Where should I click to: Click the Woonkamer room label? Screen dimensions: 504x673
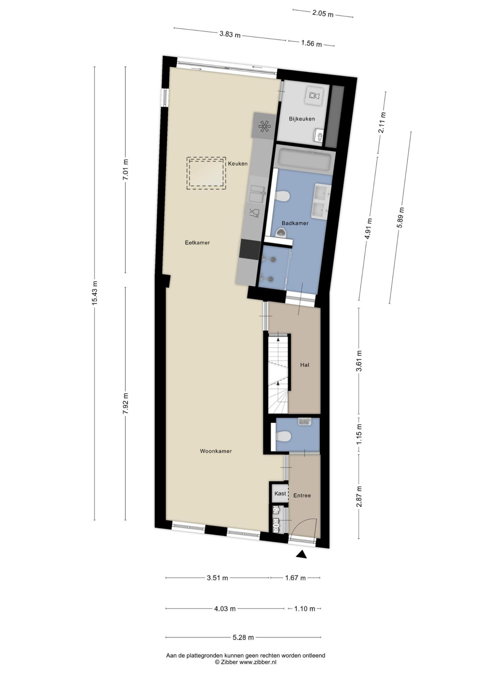pos(216,451)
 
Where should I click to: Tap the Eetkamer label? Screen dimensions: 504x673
pos(197,242)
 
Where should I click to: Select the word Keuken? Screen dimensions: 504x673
pos(238,164)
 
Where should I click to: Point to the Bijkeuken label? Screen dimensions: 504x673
pos(302,118)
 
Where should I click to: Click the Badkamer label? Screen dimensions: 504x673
pos(295,223)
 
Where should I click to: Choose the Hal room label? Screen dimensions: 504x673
pos(305,365)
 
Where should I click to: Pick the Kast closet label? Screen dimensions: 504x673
pos(280,493)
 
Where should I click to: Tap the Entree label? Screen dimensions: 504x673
pos(302,495)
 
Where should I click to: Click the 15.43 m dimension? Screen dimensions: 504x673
pos(94,292)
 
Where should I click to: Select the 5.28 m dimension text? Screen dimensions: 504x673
pos(243,637)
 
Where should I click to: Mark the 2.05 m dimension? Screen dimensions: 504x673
pos(323,14)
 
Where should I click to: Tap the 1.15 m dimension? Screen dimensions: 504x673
pos(359,434)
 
